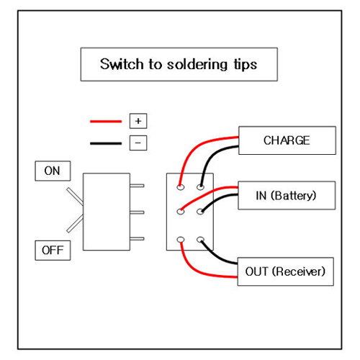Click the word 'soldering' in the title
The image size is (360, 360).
pos(197,65)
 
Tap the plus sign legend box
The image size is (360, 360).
pos(138,121)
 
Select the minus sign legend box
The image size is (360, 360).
pos(138,143)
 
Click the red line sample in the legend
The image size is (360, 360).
pos(106,122)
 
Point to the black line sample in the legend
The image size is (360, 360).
pos(106,143)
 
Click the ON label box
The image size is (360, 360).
pos(53,171)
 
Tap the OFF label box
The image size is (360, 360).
pos(53,251)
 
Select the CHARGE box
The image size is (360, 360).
pos(287,140)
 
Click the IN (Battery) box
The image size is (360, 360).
pos(287,195)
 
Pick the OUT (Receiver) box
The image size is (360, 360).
pos(285,271)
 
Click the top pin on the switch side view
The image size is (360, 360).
pos(137,186)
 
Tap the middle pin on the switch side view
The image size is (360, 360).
pos(137,212)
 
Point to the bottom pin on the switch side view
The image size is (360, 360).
pos(137,238)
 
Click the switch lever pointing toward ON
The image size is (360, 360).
pos(75,197)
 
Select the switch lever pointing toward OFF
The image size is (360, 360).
pos(75,223)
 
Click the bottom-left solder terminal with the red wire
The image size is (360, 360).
pos(181,240)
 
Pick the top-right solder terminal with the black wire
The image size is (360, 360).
pos(200,186)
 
